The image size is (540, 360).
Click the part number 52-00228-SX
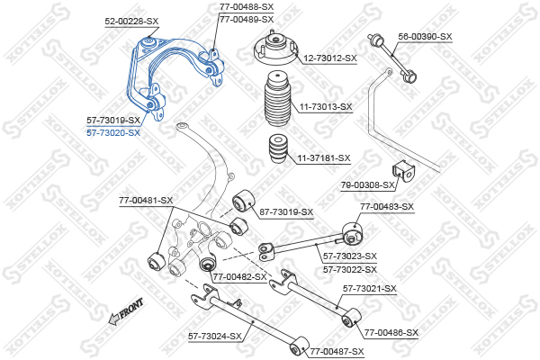pyautogui.click(x=131, y=20)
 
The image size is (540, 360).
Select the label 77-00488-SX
pyautogui.click(x=247, y=6)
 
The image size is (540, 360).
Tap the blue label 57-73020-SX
pyautogui.click(x=113, y=132)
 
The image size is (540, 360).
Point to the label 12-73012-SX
pyautogui.click(x=329, y=58)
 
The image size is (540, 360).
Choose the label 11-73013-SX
pyautogui.click(x=326, y=107)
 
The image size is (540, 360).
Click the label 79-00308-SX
pyautogui.click(x=368, y=185)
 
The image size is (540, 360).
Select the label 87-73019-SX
pyautogui.click(x=286, y=212)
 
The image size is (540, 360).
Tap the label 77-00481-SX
pyautogui.click(x=146, y=200)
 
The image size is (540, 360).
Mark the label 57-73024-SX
pyautogui.click(x=215, y=336)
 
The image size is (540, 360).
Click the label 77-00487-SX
pyautogui.click(x=337, y=351)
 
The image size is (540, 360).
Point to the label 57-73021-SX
pyautogui.click(x=369, y=288)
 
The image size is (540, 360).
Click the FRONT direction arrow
pyautogui.click(x=125, y=310)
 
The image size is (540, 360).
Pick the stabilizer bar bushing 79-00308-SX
pyautogui.click(x=403, y=170)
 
